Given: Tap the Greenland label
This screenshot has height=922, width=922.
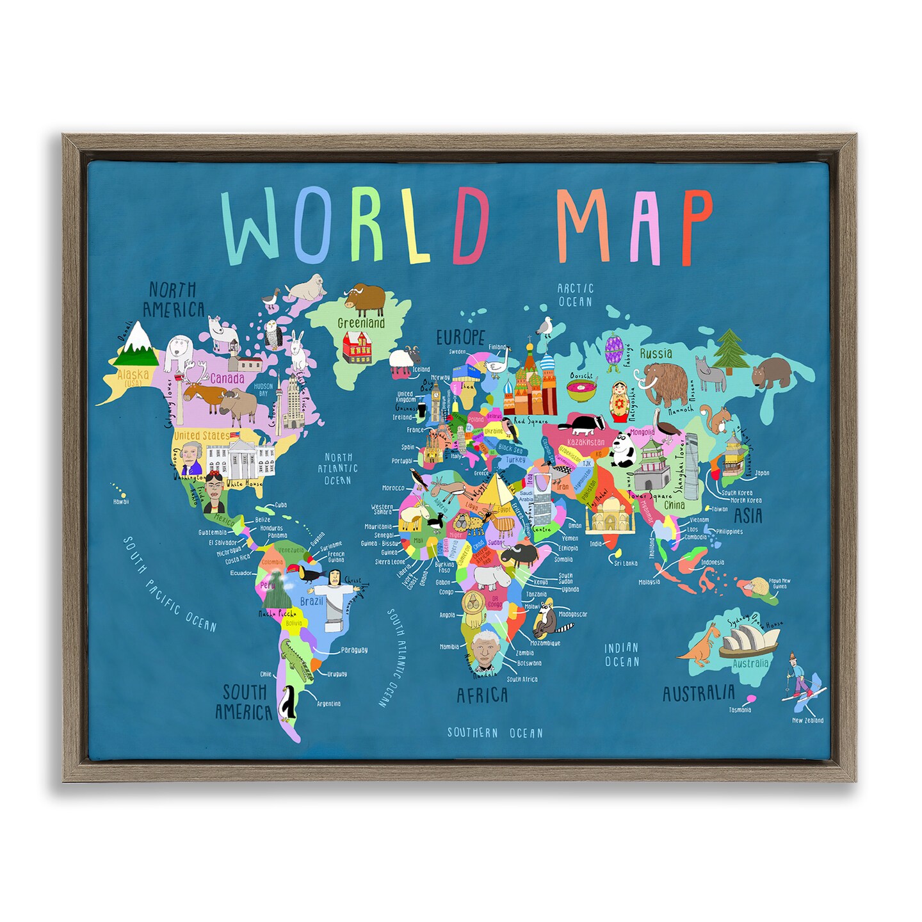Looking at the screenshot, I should (x=361, y=323).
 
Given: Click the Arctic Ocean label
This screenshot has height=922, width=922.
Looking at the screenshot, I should (x=576, y=295).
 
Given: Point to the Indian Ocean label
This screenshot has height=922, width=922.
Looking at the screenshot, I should (x=622, y=654).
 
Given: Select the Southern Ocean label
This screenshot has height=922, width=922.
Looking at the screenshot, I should (x=494, y=732).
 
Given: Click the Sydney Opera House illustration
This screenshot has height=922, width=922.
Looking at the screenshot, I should (x=749, y=641).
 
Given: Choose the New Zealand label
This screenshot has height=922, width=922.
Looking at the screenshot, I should (x=807, y=720).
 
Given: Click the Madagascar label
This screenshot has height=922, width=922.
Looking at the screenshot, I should (x=572, y=614).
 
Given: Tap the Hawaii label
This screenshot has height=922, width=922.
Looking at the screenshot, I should (x=121, y=502).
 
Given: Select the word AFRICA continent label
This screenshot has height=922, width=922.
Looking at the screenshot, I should (x=481, y=695).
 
